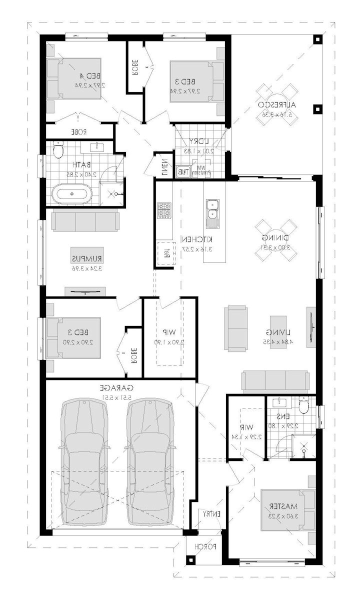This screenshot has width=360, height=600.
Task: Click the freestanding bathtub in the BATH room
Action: pyautogui.click(x=73, y=194)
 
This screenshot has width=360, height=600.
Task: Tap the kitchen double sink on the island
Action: pyautogui.click(x=213, y=210)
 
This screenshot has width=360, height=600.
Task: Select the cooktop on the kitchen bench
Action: pyautogui.click(x=163, y=210)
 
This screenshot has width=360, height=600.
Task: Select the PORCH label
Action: pyautogui.click(x=205, y=546)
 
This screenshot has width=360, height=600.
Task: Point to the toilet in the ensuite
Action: pyautogui.click(x=303, y=406)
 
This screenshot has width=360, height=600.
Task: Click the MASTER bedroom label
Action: pyautogui.click(x=280, y=505)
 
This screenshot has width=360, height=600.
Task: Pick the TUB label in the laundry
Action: pyautogui.click(x=183, y=171)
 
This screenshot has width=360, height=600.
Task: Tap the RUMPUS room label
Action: pyautogui.click(x=86, y=258)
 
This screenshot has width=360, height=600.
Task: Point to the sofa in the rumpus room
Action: pyautogui.click(x=84, y=220)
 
